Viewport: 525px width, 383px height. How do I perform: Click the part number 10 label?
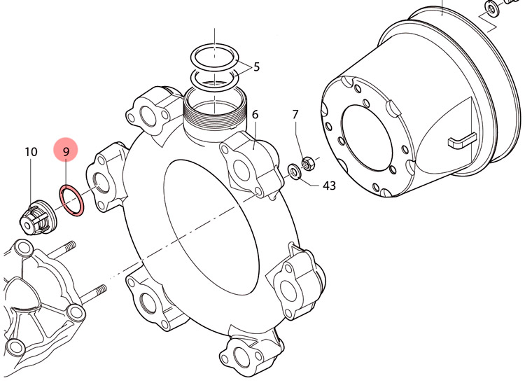[x=31, y=152]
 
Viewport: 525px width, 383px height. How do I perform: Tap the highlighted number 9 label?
[x=66, y=152]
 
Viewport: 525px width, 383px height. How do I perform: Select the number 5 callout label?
[x=256, y=67]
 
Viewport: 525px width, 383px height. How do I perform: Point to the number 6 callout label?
[x=255, y=115]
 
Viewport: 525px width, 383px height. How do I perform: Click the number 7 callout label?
[x=295, y=115]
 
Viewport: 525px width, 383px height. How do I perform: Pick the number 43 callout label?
[x=329, y=185]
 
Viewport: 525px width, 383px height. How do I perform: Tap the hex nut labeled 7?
[x=307, y=163]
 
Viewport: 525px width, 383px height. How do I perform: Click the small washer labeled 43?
[x=295, y=172]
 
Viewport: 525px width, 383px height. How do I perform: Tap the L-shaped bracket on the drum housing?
[x=461, y=140]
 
